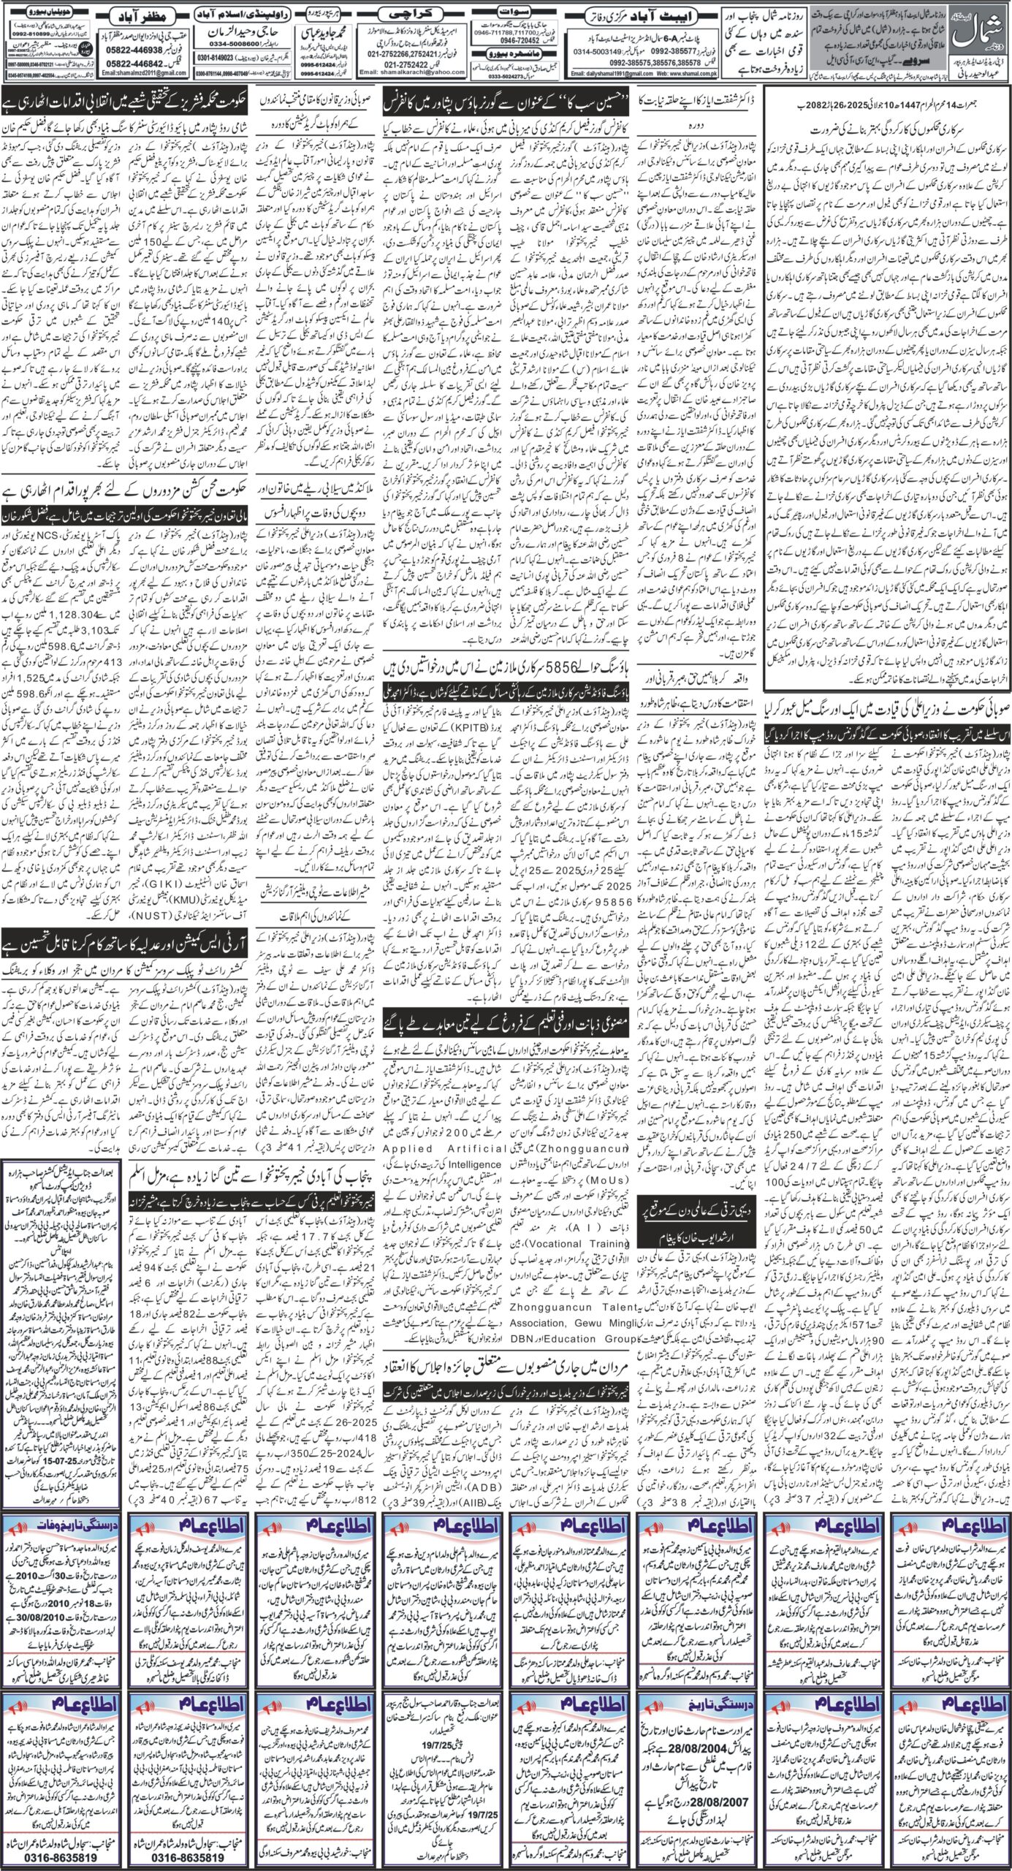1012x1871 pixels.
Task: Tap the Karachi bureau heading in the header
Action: click(416, 13)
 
